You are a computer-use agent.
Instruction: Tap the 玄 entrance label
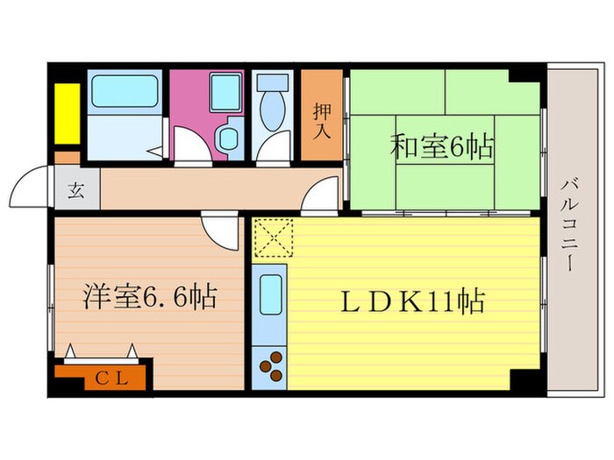pos(76,192)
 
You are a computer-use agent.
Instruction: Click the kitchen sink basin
pos(269,293)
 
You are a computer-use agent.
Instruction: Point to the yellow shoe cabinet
pos(66,112)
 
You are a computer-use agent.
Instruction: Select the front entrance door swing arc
pos(28,186)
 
